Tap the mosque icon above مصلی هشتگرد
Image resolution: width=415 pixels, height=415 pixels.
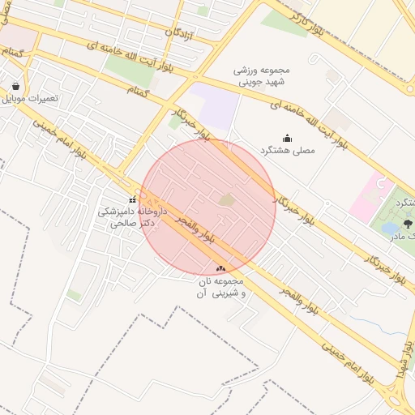286,138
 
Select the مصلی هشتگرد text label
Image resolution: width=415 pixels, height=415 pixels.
286,152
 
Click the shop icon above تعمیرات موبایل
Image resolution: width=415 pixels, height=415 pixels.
15,85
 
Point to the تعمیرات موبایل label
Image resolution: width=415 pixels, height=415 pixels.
30,98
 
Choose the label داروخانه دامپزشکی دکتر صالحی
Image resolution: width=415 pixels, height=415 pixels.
132,215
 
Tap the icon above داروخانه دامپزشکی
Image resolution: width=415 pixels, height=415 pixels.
132,199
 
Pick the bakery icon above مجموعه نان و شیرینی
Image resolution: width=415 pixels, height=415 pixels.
220,268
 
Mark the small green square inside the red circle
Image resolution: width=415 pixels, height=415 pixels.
227,199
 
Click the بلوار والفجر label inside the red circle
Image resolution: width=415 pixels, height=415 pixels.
195,232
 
